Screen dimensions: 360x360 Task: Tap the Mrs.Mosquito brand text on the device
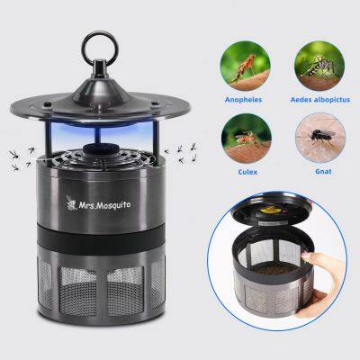point(104,205)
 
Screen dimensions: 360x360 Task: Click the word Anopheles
point(244,100)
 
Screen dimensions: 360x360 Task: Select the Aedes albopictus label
point(320,100)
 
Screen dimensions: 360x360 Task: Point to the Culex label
point(247,172)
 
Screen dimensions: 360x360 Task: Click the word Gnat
point(323,172)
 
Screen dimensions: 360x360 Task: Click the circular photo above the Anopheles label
point(245,66)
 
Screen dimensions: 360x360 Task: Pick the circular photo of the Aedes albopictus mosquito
point(319,66)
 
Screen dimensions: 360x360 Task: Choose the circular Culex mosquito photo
point(247,139)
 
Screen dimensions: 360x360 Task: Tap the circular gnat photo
point(320,138)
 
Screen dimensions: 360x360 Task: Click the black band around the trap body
point(101,239)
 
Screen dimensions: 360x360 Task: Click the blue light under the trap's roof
point(101,132)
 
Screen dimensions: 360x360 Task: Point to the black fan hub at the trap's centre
point(101,149)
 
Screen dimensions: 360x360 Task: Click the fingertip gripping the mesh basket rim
point(305,256)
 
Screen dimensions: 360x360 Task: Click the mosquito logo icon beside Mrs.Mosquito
point(71,202)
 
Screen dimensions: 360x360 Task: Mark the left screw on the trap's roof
point(47,104)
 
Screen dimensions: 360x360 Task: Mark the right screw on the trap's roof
point(155,103)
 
